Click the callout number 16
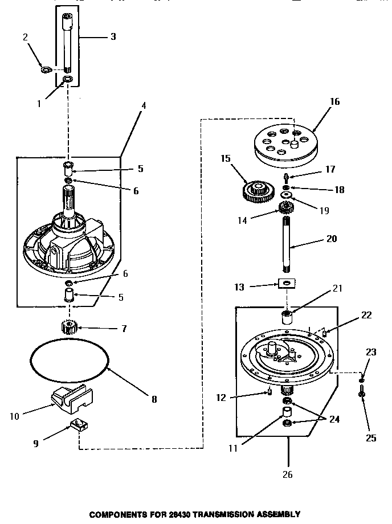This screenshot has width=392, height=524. (x=334, y=102)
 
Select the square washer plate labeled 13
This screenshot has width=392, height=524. (x=284, y=283)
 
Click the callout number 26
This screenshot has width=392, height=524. (x=288, y=474)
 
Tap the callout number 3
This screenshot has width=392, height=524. (x=113, y=36)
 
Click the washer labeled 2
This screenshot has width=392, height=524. (x=46, y=70)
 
